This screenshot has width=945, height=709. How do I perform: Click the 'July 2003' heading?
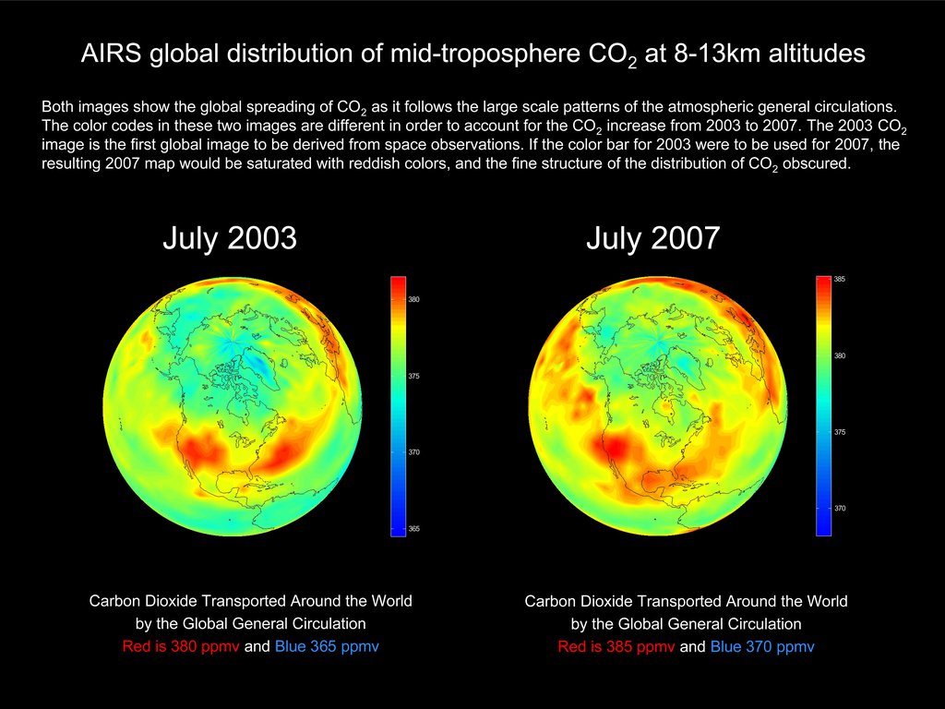coord(230,238)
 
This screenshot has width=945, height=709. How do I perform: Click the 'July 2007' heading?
coord(652,238)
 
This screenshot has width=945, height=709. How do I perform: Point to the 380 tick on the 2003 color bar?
coord(413,299)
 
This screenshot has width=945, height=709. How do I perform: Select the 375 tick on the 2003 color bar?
coord(413,376)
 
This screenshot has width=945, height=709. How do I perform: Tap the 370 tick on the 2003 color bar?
coord(413,452)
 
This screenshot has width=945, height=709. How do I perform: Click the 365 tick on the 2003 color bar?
coord(413,529)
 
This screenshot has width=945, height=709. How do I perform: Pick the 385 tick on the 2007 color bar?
coord(839,279)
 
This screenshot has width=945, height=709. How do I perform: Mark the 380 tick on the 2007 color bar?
coord(839,355)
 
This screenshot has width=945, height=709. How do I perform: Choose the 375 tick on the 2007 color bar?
coord(839,432)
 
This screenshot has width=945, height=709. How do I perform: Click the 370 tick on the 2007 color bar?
coord(839,509)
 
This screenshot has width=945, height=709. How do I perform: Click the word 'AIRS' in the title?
coord(108,54)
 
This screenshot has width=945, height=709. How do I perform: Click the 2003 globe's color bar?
coord(398,406)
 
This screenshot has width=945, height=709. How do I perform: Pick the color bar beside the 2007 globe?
coord(823,406)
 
